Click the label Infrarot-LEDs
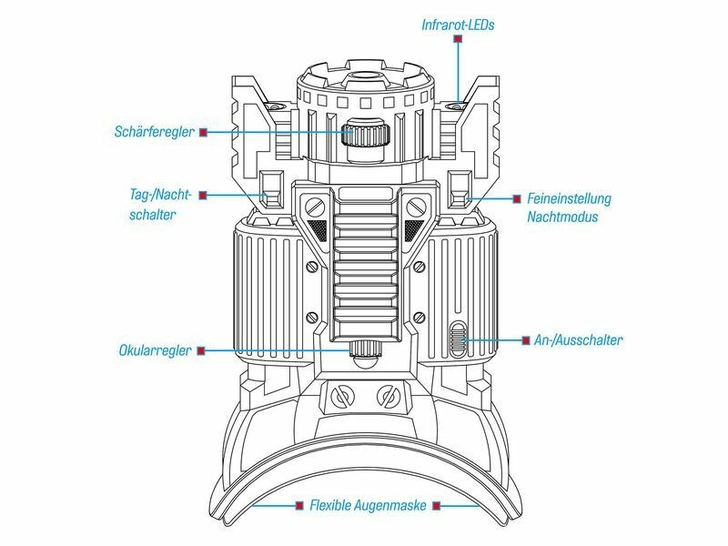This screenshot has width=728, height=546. [x=458, y=25]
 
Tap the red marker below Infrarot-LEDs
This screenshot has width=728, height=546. [x=459, y=39]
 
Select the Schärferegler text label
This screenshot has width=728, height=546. [x=154, y=132]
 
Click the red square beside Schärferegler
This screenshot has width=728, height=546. [x=203, y=132]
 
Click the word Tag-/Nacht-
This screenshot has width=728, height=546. [x=160, y=194]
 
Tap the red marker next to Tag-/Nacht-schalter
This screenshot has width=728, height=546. [x=203, y=196]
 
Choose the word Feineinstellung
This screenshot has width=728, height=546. [x=569, y=198]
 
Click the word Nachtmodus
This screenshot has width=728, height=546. [x=562, y=217]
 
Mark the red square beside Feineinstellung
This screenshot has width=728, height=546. [x=517, y=199]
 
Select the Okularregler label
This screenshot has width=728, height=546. [x=155, y=350]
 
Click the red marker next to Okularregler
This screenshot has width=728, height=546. [x=201, y=351]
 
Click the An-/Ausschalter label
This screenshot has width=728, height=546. [x=578, y=340]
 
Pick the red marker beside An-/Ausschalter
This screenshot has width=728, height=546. [x=526, y=340]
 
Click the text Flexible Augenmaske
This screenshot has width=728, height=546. [x=368, y=505]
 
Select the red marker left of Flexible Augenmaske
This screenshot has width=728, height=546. [x=299, y=505]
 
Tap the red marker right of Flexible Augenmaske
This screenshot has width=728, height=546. [x=436, y=505]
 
